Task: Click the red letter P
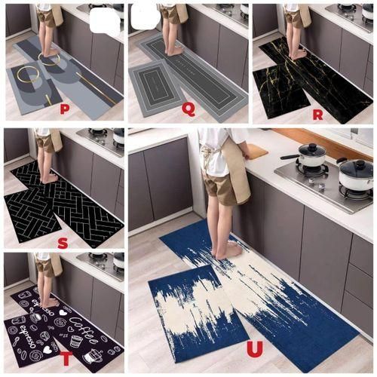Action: point(65,109)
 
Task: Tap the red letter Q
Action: point(188,109)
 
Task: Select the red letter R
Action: point(317,115)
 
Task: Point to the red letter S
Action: point(63,242)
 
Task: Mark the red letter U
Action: point(255,348)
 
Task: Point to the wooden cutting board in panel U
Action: point(255,152)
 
